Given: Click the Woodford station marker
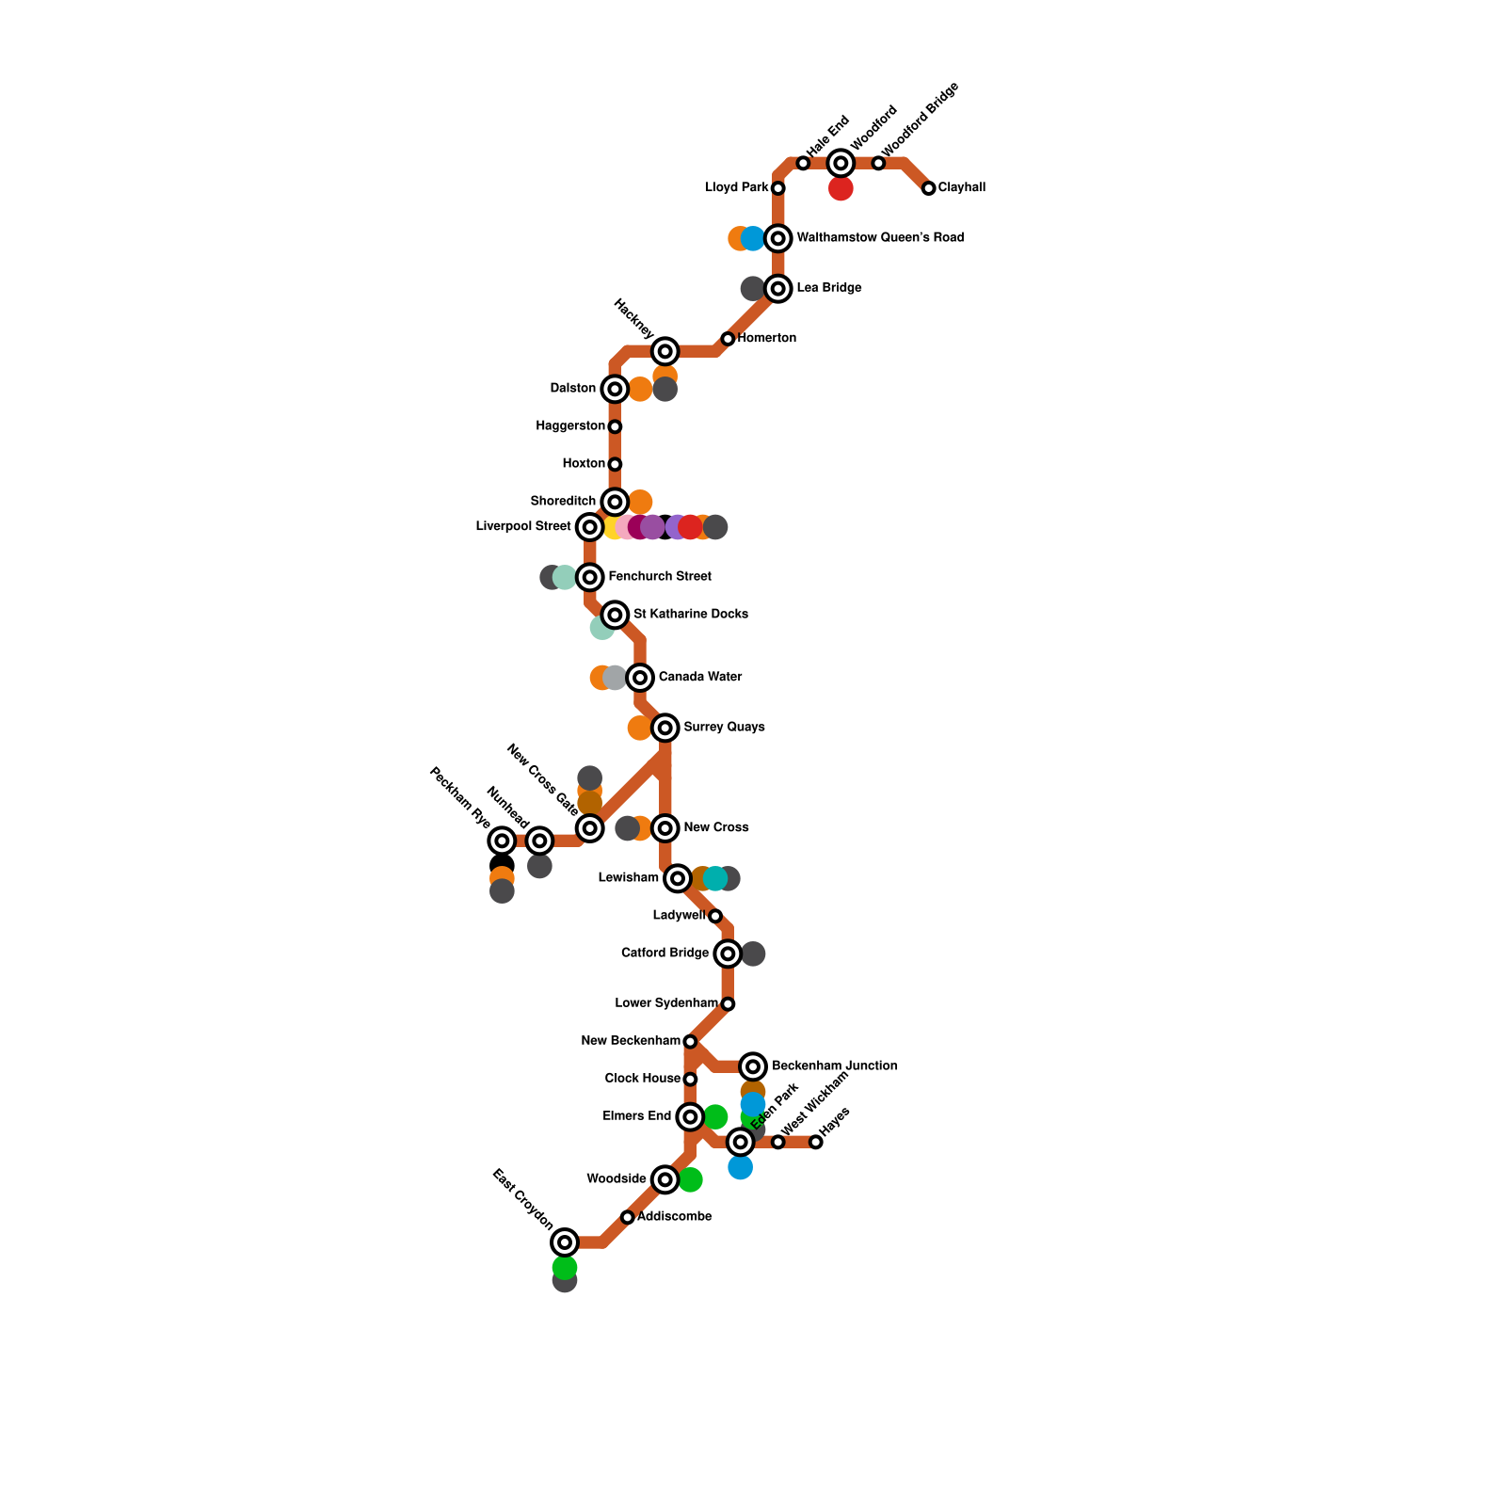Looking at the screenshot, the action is pos(841,164).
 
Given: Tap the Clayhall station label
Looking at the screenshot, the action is pos(961,187).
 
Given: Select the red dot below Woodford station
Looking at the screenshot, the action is pos(841,189).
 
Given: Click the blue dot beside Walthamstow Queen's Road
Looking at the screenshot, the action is pos(753,239).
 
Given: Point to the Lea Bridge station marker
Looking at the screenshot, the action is pos(777,288).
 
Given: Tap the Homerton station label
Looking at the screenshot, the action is pos(767,338).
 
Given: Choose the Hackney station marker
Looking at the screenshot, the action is pos(665,352).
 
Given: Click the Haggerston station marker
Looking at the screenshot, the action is pos(615,426).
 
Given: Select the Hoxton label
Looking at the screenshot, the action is pos(584,464).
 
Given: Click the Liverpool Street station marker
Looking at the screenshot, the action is pos(589,527).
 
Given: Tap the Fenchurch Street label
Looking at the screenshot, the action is pos(660,576).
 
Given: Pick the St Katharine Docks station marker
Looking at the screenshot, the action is pos(615,615).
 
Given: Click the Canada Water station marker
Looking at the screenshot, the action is pos(640,678).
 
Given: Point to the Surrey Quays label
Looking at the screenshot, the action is pos(724,727).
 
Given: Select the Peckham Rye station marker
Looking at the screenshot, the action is pos(503,841).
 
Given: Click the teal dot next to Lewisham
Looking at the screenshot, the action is pos(715,879).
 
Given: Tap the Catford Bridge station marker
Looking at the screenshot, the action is pos(728,953).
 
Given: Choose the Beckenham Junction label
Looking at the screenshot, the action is pos(834,1065).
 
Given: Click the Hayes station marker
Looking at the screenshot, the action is pos(816,1142).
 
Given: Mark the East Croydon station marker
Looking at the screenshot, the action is pos(565,1242).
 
